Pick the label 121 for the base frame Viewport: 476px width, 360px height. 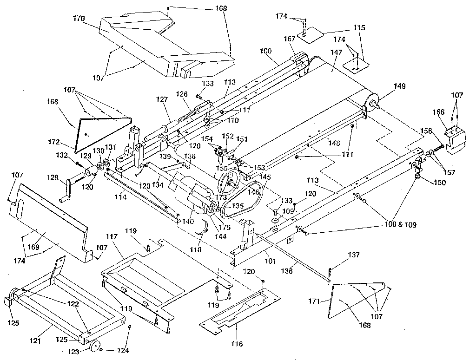36,341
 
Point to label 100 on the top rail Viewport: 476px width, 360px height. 266,52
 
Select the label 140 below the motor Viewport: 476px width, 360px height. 188,222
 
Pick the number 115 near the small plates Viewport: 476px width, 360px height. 358,28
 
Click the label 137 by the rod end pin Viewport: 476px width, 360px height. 354,255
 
